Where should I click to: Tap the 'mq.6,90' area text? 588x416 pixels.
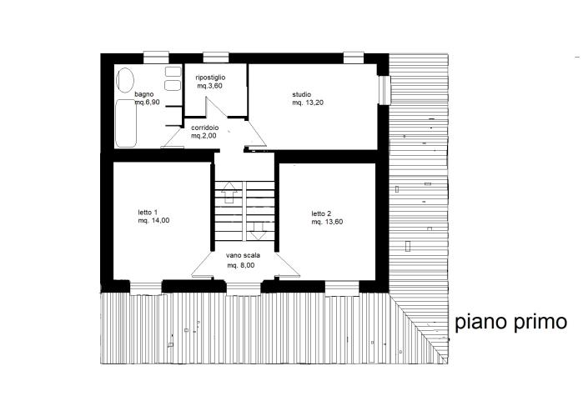click(158, 103)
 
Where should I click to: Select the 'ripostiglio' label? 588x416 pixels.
click(210, 78)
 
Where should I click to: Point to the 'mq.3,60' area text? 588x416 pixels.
click(210, 86)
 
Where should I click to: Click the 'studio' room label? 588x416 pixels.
click(301, 93)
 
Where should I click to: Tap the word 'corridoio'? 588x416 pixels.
click(204, 127)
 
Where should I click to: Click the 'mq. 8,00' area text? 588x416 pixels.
click(241, 265)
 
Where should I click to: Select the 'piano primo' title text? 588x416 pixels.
click(511, 322)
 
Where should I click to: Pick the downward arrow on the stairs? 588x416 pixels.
click(258, 227)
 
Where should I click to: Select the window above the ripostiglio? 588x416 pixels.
click(215, 57)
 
